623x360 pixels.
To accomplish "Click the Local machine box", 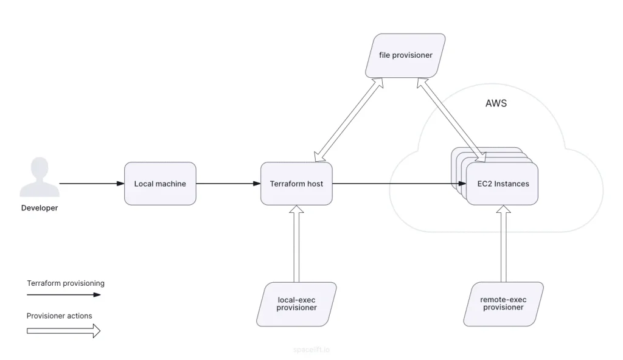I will [x=160, y=184].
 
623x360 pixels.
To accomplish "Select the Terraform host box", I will [x=296, y=184].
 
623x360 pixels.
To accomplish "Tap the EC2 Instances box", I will [x=502, y=184].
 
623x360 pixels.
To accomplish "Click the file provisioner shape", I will [x=405, y=55].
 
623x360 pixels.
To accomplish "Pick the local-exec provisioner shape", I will [x=296, y=304].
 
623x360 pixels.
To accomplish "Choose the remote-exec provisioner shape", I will [x=503, y=304].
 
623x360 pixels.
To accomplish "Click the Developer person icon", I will [x=40, y=177].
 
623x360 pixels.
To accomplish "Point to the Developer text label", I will [x=40, y=208].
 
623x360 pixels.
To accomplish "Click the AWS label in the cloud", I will [x=495, y=103].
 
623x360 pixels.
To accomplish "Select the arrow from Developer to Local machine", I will [x=91, y=184].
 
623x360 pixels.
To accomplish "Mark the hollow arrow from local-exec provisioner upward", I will [x=296, y=243].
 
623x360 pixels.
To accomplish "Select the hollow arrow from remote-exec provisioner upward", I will [x=503, y=243].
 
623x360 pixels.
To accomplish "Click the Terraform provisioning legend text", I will [x=66, y=283].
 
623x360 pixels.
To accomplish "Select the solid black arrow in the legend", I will [x=63, y=295].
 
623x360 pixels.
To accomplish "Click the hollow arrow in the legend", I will [x=63, y=330].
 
